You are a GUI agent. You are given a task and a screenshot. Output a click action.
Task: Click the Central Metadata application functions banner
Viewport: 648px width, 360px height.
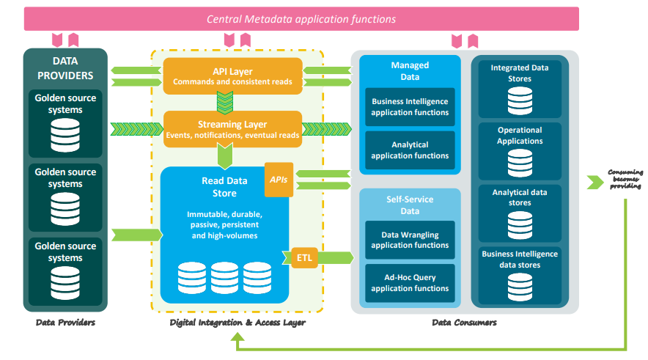(x=301, y=19)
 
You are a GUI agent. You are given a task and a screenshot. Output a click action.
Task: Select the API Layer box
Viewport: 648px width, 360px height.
(x=232, y=76)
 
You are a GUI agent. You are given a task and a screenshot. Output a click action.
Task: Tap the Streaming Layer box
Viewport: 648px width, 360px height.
(x=232, y=130)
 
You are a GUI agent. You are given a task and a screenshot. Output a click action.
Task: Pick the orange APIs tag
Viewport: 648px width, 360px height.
(x=279, y=179)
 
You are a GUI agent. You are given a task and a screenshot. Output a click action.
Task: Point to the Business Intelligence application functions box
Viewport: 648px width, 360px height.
(x=410, y=107)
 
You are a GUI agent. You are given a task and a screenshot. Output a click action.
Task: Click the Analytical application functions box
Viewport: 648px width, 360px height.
(x=410, y=150)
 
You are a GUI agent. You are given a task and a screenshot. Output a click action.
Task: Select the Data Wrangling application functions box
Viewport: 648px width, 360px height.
(x=410, y=240)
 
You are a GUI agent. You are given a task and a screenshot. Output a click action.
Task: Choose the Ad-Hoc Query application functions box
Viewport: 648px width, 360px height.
(x=410, y=283)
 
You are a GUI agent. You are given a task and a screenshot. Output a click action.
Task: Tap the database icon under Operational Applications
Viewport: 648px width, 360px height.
(x=520, y=159)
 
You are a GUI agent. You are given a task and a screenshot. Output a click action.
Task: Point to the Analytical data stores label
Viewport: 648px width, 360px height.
(x=520, y=197)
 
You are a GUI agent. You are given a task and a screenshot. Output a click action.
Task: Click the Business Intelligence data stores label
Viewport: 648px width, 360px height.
(x=520, y=260)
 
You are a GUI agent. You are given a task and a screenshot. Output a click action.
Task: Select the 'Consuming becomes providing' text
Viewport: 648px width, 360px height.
(x=625, y=179)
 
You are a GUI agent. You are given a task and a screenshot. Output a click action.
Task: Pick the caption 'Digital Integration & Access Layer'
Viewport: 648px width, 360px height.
(x=237, y=323)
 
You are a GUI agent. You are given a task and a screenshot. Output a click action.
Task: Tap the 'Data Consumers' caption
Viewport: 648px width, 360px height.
(x=464, y=323)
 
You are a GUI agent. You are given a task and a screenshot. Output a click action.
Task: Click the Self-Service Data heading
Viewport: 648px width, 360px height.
(x=410, y=205)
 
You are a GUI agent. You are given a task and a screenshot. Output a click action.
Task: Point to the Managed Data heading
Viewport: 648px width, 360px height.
(x=410, y=71)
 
